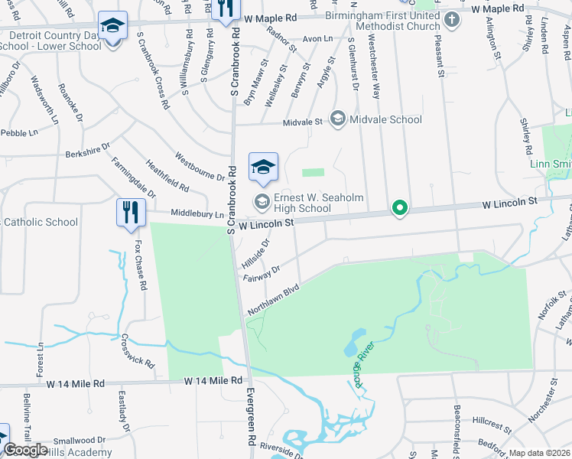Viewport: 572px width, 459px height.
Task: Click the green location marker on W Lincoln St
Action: [398, 207]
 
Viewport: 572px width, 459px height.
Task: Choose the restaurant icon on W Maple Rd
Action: [225, 9]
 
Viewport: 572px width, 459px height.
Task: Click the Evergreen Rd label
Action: [250, 419]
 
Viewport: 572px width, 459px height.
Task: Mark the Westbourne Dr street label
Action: [199, 167]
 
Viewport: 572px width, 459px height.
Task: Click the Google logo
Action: [25, 450]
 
